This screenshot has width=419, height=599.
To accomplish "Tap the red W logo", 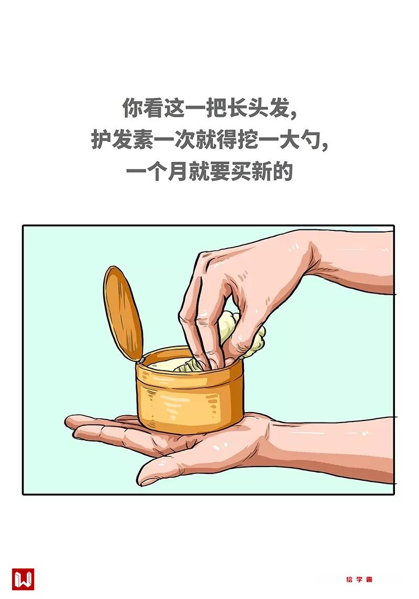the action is (x=23, y=579).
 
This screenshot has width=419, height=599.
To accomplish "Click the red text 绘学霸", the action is (x=359, y=579).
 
